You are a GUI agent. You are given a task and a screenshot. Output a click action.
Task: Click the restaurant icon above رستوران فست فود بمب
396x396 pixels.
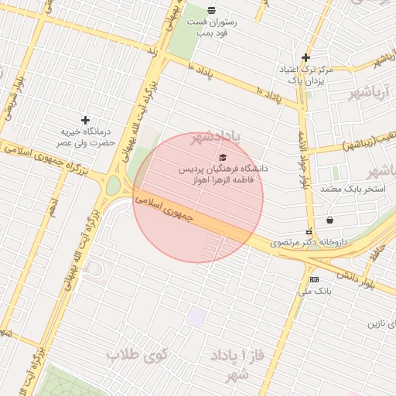(212, 10)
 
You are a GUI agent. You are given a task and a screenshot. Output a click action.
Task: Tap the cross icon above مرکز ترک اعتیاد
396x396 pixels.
(306, 57)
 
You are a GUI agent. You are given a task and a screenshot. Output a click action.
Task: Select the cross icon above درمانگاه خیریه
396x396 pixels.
(85, 120)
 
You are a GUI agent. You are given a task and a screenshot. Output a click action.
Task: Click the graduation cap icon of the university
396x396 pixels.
(224, 157)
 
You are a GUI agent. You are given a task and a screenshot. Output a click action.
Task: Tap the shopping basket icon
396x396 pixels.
(330, 220)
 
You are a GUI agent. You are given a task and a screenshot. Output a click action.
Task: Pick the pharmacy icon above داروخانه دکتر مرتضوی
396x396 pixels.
(309, 231)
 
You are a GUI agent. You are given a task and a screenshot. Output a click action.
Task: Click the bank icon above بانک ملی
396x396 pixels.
(314, 279)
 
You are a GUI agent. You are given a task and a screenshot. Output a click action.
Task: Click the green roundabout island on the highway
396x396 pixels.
(114, 186)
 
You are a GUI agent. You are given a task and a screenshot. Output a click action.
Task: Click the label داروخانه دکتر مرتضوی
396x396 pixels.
(309, 243)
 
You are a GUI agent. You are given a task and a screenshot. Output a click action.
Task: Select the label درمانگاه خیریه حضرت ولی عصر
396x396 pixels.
(88, 137)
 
